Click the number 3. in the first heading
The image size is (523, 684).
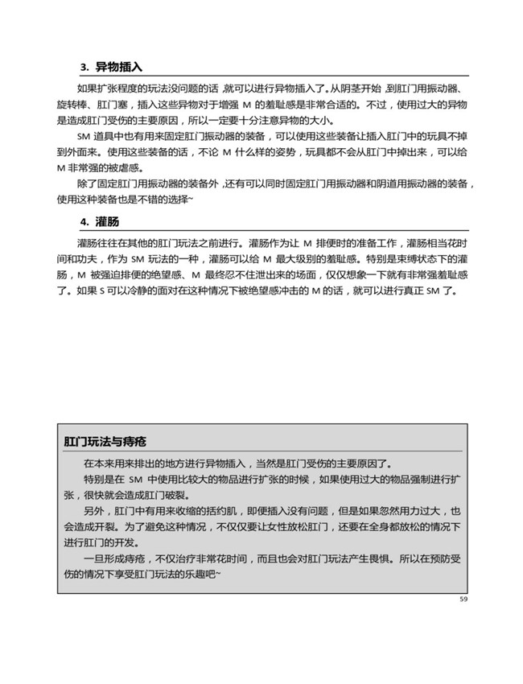pyautogui.click(x=84, y=67)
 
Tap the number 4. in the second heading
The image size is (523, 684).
pyautogui.click(x=84, y=221)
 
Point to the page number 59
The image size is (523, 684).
pyautogui.click(x=463, y=599)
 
